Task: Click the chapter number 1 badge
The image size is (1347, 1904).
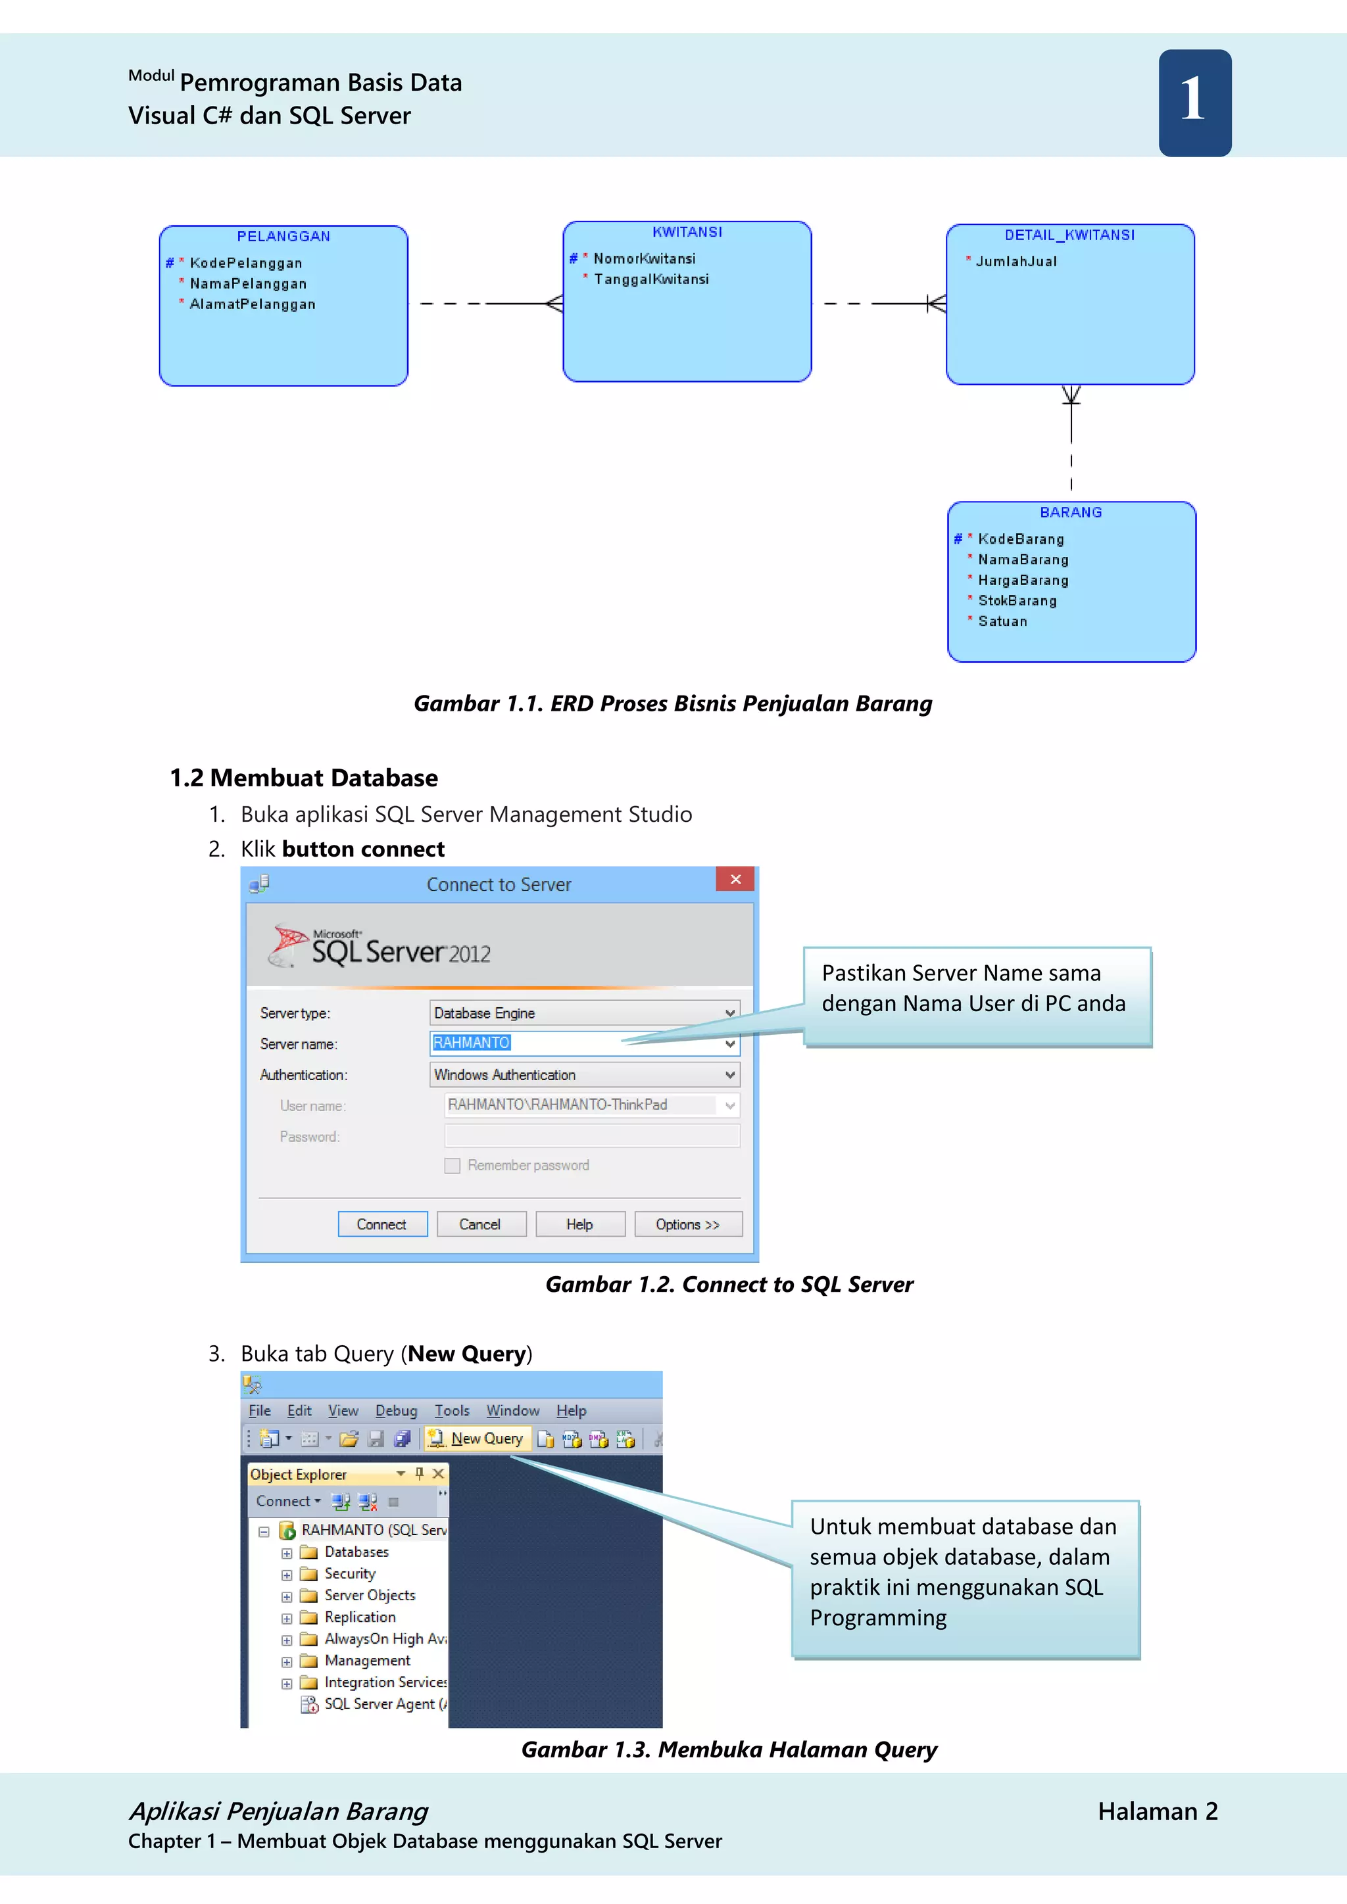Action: coord(1194,103)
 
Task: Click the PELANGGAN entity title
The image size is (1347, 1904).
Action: coord(283,236)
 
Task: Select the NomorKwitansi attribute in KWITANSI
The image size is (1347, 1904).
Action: coord(644,259)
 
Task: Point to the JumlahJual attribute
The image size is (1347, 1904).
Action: coord(1016,261)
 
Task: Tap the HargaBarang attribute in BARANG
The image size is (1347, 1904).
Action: coord(1023,581)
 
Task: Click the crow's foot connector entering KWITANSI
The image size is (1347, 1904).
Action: coord(554,304)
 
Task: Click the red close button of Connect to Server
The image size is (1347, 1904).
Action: coord(735,879)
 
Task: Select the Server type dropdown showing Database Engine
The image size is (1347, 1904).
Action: coord(584,1012)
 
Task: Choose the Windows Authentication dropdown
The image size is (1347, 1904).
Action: coord(584,1075)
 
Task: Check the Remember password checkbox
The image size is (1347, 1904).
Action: coord(452,1166)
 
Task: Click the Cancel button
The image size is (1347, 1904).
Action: coord(480,1225)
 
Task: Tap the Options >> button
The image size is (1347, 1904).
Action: coord(687,1225)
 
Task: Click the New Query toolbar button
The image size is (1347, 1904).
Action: coord(478,1439)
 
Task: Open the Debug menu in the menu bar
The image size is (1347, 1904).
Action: coord(396,1411)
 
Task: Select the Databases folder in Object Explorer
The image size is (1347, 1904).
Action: coord(356,1552)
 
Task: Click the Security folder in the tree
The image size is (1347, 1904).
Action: coord(349,1574)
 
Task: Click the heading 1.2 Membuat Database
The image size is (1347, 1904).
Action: coord(304,778)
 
